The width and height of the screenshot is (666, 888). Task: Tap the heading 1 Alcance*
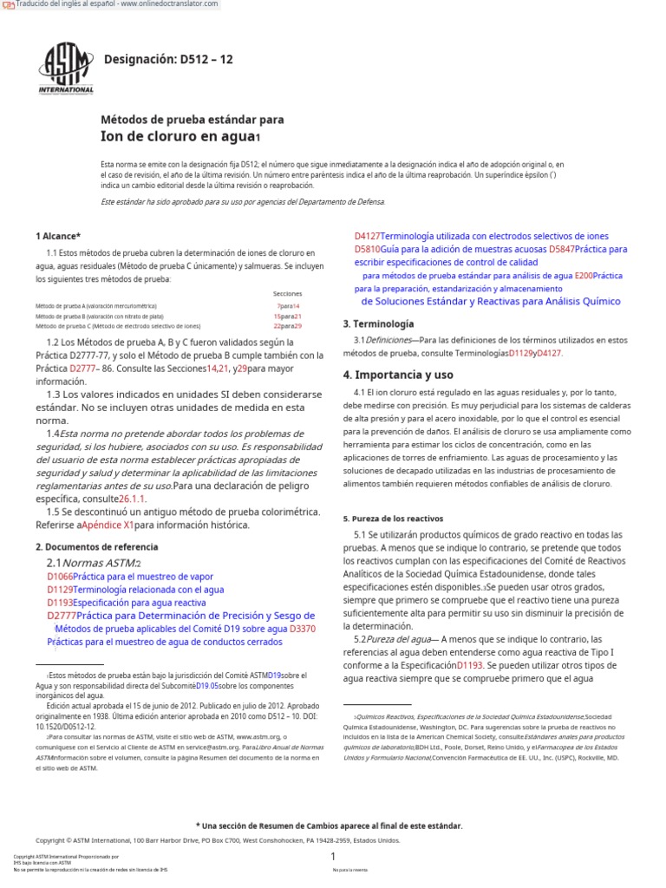click(58, 236)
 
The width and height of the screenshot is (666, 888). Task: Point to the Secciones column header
click(287, 294)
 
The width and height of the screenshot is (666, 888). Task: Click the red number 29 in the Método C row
click(297, 326)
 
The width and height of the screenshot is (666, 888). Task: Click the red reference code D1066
click(60, 576)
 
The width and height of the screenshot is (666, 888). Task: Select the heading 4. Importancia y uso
click(398, 375)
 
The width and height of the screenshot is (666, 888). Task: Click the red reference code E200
click(583, 276)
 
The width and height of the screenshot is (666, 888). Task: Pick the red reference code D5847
click(561, 249)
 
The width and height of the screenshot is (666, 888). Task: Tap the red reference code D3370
click(303, 628)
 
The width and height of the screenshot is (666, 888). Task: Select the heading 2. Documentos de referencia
click(96, 547)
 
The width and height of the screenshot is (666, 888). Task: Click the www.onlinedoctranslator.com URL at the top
click(170, 5)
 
